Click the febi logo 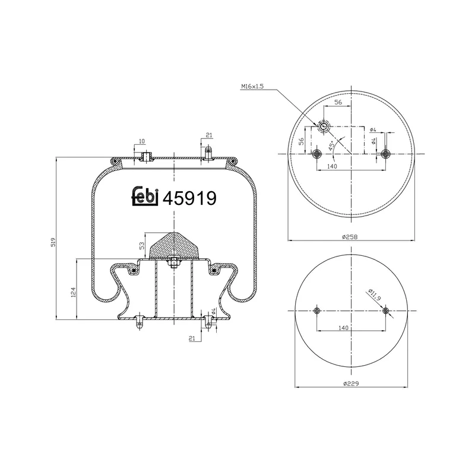point(145,197)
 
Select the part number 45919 point(189,198)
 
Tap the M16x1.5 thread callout point(252,86)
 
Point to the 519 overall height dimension point(53,242)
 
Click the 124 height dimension point(73,292)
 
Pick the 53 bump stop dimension point(142,246)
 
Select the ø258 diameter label point(350,237)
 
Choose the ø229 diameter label point(351,384)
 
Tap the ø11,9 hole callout point(375,294)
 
